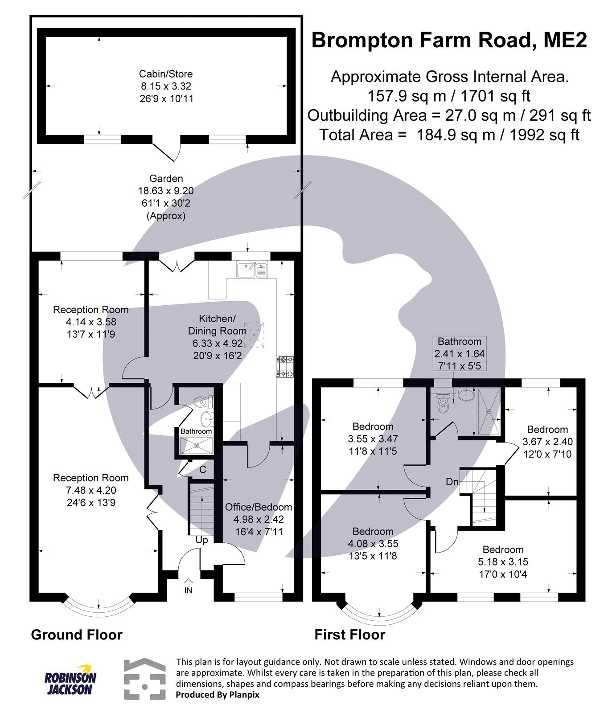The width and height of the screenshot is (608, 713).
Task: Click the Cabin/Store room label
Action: pos(165,74)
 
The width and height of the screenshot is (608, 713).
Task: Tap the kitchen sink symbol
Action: pos(252,270)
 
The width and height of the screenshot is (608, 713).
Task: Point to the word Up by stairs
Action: pos(201,540)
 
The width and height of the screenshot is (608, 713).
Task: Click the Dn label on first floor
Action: pos(452,482)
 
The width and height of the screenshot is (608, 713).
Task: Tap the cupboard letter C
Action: pos(202,469)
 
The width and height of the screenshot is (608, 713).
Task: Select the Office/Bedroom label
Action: pos(258,507)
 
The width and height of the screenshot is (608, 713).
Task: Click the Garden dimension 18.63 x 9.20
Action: pos(165,191)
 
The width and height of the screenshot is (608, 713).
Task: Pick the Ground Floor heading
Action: pos(76,635)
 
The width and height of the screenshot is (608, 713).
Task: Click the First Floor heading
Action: pos(349,635)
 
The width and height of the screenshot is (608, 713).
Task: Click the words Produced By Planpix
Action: pos(217,694)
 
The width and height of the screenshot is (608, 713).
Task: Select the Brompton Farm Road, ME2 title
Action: pos(449,40)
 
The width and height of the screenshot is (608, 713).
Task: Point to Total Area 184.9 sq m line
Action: pos(449,135)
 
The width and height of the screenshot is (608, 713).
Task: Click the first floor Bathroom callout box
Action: pos(459,354)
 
